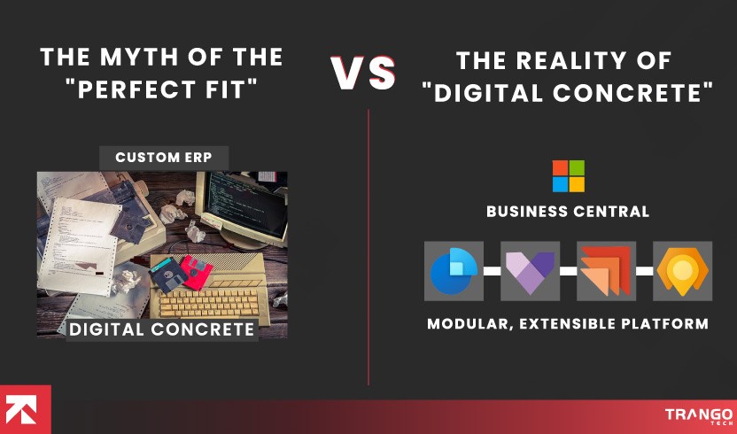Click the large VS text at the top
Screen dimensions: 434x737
point(364,74)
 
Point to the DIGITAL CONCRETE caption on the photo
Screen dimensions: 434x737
point(162,329)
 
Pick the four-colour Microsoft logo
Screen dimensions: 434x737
point(568,176)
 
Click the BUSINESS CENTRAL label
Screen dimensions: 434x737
point(568,212)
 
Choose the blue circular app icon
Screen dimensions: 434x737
point(454,270)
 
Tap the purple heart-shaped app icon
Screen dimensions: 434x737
point(530,271)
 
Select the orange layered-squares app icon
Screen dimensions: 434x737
point(606,271)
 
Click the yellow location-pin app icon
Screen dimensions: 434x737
point(682,271)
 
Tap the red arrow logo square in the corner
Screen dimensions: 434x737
point(25,409)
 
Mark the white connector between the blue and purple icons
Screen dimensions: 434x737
point(492,270)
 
